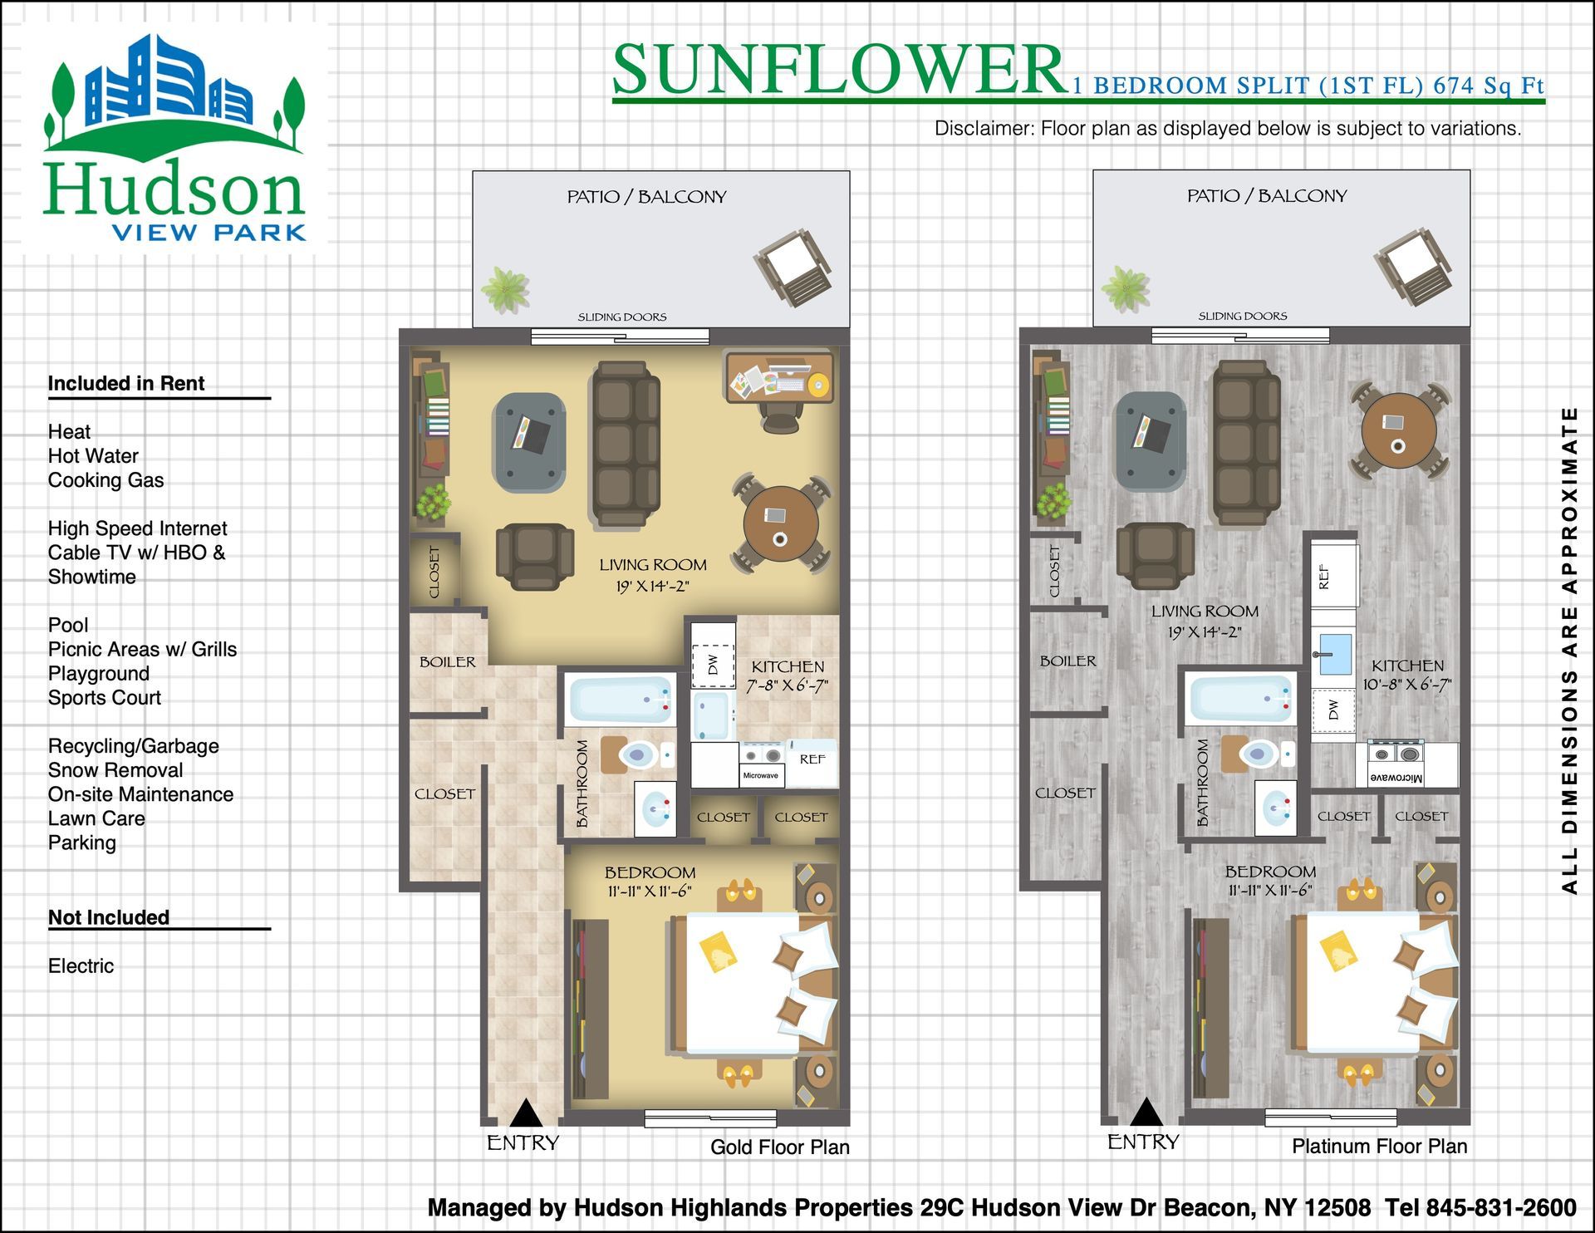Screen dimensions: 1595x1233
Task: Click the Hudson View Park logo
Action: point(174,138)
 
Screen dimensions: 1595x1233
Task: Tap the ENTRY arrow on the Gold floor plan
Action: point(525,1113)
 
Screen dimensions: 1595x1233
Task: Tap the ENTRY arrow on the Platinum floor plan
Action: point(1146,1112)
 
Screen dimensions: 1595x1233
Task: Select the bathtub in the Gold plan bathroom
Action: point(620,700)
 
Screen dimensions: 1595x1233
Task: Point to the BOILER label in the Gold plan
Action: point(448,662)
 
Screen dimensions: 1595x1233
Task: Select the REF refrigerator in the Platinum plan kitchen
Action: point(1333,575)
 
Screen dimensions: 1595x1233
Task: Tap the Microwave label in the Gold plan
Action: point(760,775)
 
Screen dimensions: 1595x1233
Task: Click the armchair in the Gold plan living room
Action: point(535,556)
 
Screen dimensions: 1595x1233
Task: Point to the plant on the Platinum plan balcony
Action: point(1126,288)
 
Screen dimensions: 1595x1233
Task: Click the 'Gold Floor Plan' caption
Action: point(780,1147)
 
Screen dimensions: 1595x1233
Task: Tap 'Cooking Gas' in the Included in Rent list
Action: point(106,480)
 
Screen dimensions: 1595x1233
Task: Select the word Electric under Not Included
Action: point(81,965)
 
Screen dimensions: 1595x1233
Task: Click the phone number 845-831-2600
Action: point(1501,1207)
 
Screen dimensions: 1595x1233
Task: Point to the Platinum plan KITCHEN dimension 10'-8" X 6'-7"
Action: point(1407,685)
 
